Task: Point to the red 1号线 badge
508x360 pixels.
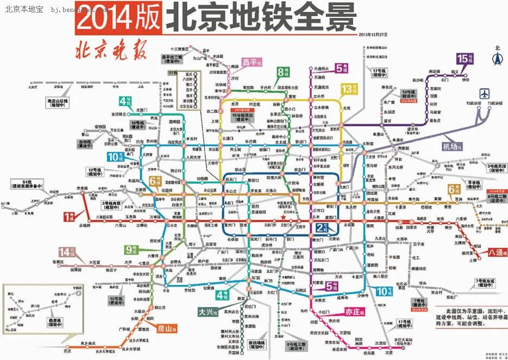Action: pos(71,216)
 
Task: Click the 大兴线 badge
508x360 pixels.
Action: pos(207,312)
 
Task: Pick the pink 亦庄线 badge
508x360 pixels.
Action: pos(354,312)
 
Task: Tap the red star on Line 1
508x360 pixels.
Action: pos(283,217)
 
